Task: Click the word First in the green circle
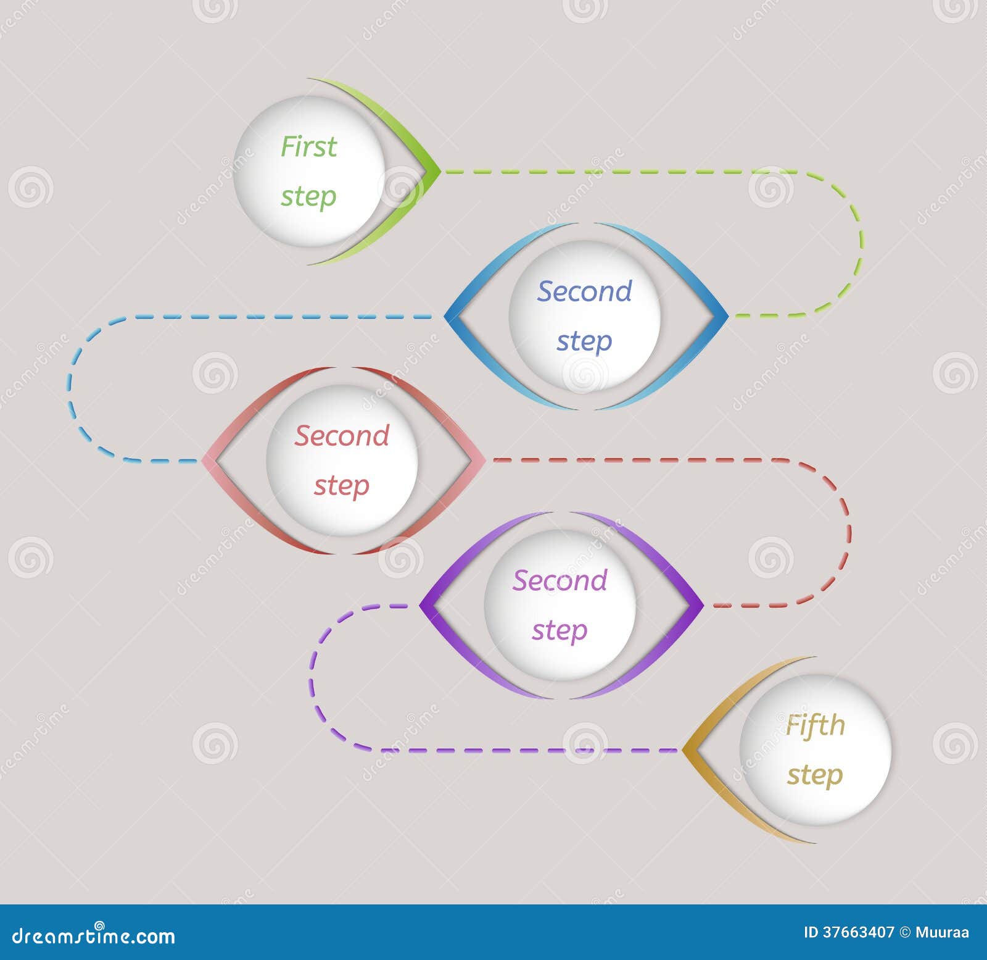[x=308, y=146]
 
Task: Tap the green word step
[x=308, y=197]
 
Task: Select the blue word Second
[x=585, y=291]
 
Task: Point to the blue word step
[x=584, y=341]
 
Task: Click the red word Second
[x=342, y=435]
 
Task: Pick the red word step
[x=342, y=485]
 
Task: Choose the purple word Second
[x=560, y=580]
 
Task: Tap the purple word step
[x=560, y=630]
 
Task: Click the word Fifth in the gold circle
[x=815, y=725]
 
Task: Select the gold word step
[x=815, y=775]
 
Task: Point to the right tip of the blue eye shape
[x=729, y=316]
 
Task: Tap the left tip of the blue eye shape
[x=445, y=316]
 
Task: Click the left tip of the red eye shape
[x=202, y=461]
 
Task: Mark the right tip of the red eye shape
[x=485, y=461]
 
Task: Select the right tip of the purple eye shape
[x=703, y=605]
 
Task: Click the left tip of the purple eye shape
[x=419, y=605]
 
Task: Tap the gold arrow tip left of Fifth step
[x=683, y=750]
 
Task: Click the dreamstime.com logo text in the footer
[x=93, y=935]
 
